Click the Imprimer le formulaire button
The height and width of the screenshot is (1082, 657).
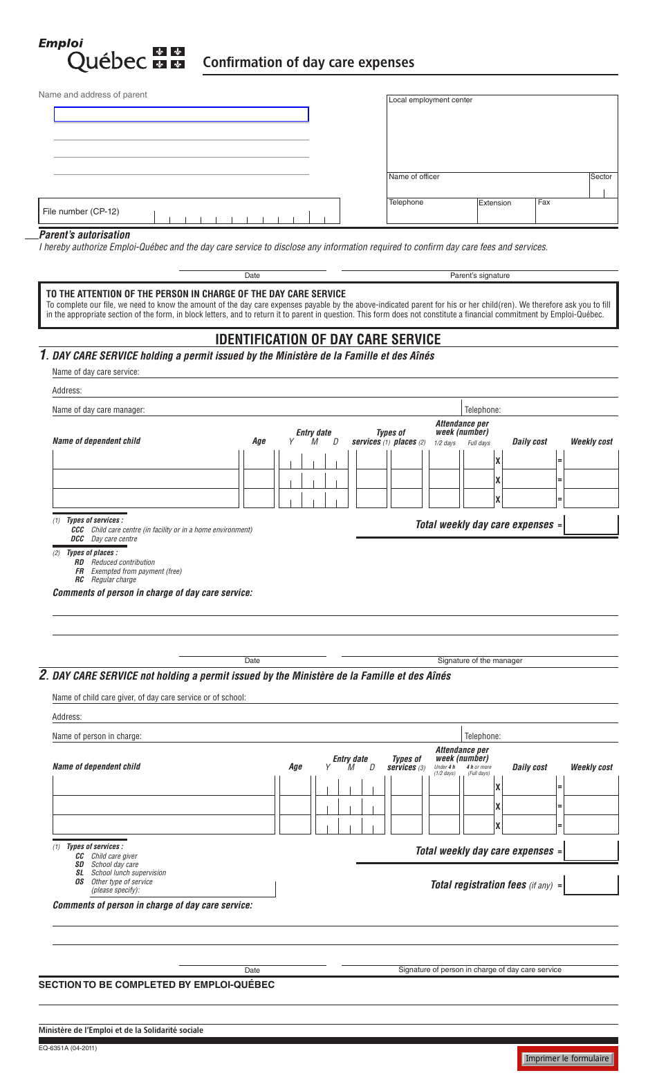pos(566,1058)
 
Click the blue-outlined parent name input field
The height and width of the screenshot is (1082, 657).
pos(181,115)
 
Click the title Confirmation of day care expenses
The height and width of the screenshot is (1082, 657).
pos(308,62)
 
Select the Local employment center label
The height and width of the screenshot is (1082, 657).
pos(430,100)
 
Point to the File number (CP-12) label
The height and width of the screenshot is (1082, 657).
pos(81,212)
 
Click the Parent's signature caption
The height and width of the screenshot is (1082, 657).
pos(479,275)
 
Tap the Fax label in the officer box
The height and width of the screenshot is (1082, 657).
pos(544,203)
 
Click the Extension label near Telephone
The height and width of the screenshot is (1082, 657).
pos(494,203)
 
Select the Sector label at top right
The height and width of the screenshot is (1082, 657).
pos(601,177)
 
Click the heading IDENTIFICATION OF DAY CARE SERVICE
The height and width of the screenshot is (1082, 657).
pos(328,339)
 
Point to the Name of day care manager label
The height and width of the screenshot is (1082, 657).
pos(99,410)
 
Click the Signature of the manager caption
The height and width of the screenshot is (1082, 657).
pos(479,660)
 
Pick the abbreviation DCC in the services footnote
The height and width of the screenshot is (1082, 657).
pos(77,539)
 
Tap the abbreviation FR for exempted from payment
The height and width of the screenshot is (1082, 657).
pos(80,571)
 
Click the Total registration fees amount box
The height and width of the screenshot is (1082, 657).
pos(591,885)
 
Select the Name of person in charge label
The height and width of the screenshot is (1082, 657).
pos(97,736)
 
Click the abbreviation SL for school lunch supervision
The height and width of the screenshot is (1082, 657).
pos(80,873)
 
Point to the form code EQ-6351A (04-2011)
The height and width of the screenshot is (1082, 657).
pos(68,1048)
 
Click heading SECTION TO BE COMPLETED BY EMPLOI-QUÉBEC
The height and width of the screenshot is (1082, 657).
pos(156,985)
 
